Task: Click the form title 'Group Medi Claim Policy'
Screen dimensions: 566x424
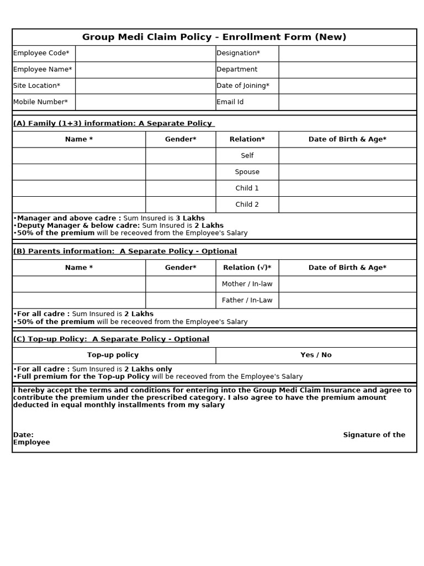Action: tap(214, 37)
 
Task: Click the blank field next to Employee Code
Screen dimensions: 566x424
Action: tap(145, 53)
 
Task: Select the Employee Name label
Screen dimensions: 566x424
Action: tap(43, 69)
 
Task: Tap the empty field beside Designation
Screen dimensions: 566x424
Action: tap(347, 53)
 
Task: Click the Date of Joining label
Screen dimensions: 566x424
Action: tap(243, 86)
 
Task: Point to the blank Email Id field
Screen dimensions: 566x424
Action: tap(347, 102)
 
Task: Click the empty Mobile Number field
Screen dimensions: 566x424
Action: tap(145, 102)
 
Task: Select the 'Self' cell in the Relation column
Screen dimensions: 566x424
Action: tap(247, 155)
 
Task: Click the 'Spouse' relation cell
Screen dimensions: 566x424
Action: tap(247, 172)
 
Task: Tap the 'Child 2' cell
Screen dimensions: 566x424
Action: tap(247, 205)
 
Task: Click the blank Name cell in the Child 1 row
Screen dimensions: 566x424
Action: tap(79, 188)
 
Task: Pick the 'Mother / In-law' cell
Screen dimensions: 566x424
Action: tap(247, 284)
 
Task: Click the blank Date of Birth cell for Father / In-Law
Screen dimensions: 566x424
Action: tap(347, 300)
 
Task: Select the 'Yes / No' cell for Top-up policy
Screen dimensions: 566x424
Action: tap(316, 355)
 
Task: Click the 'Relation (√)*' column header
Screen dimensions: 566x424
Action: tap(247, 268)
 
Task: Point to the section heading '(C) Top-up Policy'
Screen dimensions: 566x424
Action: tap(111, 339)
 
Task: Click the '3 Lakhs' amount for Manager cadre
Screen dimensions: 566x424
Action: tap(190, 218)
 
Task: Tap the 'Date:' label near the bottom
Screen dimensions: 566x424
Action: tap(23, 435)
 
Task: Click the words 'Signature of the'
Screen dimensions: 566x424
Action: tap(374, 435)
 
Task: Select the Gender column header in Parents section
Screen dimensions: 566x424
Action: tap(181, 268)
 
